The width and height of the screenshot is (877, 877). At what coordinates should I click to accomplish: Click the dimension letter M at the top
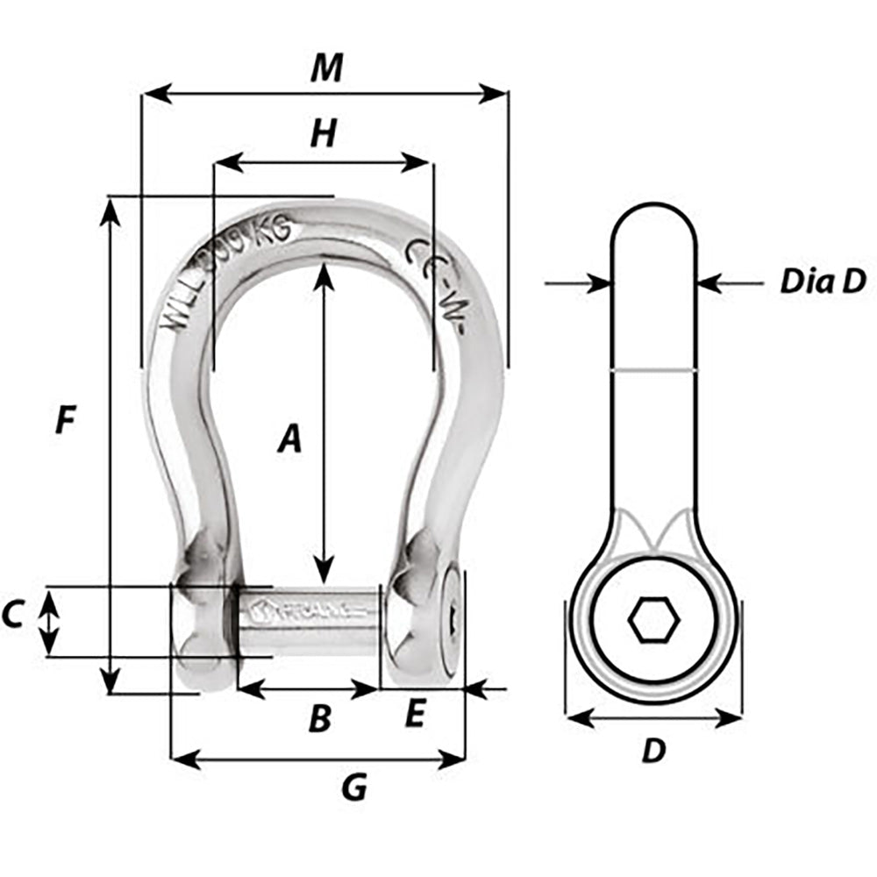point(326,68)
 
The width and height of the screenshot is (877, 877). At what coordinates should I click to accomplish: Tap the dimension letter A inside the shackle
point(289,438)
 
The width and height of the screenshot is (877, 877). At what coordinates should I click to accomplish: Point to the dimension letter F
point(64,422)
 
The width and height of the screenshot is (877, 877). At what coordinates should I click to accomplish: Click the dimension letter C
point(12,617)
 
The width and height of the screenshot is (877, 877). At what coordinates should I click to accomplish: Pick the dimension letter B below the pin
point(321,719)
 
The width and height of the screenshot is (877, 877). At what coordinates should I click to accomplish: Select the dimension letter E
point(415,717)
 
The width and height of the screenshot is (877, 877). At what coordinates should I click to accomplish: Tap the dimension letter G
point(353,788)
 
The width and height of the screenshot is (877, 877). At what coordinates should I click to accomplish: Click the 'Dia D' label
point(823,282)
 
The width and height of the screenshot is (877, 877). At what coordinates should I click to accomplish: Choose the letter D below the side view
point(653,751)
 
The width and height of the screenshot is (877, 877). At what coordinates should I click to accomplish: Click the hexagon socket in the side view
point(653,622)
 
